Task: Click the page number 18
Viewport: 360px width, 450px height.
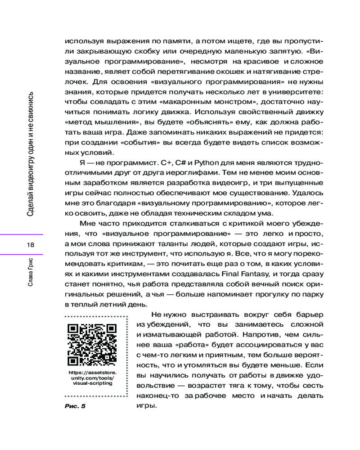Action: (x=31, y=245)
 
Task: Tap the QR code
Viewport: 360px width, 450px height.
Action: (x=91, y=345)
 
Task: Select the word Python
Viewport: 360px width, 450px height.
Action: (x=206, y=162)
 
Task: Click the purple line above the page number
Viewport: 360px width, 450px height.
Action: (x=22, y=234)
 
